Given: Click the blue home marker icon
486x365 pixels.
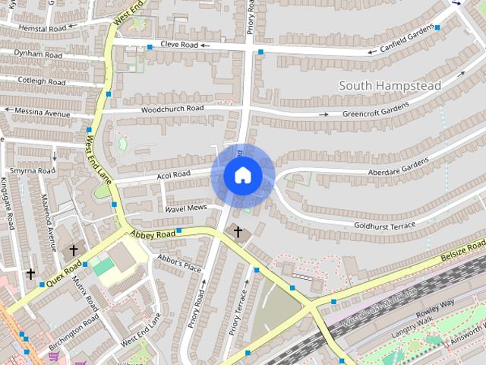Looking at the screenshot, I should coord(242,176).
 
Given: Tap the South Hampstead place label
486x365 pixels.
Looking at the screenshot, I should coord(390,85).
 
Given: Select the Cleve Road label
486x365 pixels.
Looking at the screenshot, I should coord(178,45).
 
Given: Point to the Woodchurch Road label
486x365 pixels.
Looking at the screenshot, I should coord(172,109).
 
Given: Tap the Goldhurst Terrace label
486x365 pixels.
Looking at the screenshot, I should coord(384,226).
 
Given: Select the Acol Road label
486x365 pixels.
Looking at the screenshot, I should coord(173,174).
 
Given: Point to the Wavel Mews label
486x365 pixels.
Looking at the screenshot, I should coord(186,208).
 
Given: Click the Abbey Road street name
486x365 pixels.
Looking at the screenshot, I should coord(153,234).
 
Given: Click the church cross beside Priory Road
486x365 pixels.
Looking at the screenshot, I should coord(238,230).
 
